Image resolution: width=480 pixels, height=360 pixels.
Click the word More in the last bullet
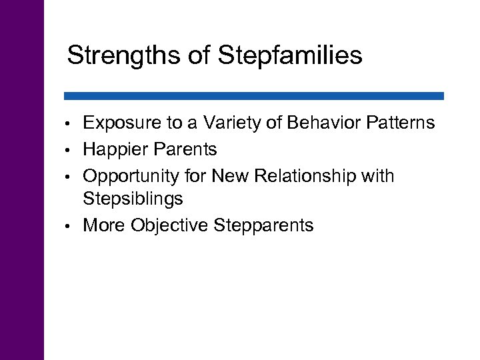[103, 226]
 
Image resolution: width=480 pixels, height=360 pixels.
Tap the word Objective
[170, 226]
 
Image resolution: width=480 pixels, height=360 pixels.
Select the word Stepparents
[264, 226]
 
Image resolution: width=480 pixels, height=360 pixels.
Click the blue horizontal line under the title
[253, 96]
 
